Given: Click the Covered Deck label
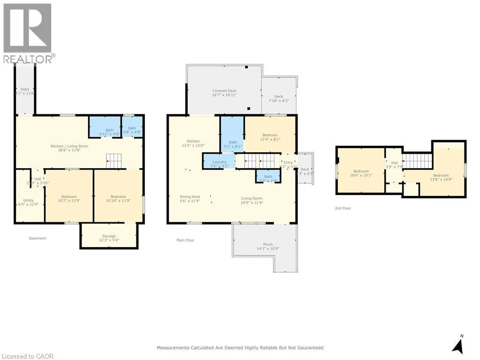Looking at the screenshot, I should (x=224, y=93).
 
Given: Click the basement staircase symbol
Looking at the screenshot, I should (x=114, y=161).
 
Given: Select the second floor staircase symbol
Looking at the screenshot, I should (x=416, y=161).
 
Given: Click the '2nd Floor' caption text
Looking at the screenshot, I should (x=343, y=208).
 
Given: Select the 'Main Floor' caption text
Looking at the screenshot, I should (x=185, y=240).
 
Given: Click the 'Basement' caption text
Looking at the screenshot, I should (x=37, y=238).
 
